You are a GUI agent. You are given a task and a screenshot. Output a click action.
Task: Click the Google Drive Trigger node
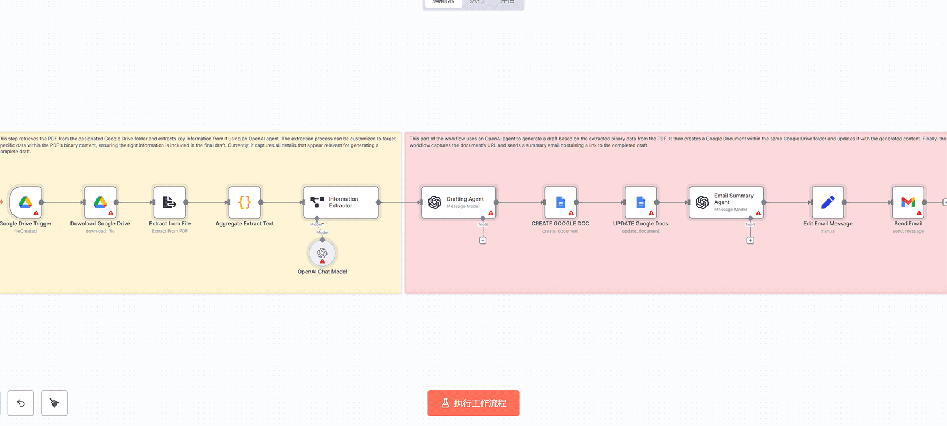click(x=25, y=202)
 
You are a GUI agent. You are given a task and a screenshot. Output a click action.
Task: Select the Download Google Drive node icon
click(x=100, y=202)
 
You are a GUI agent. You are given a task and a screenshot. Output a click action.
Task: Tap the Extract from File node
click(x=170, y=202)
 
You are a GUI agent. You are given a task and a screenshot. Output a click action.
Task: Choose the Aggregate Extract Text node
click(x=245, y=202)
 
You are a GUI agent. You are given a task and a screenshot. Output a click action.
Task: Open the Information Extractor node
click(x=340, y=202)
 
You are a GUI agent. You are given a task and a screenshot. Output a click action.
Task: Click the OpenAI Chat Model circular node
click(x=322, y=253)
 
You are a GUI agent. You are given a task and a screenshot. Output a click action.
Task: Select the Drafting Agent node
click(x=459, y=202)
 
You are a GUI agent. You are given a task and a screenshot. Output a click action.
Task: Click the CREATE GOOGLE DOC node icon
click(x=560, y=202)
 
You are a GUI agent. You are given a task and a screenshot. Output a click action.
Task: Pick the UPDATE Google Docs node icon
click(x=641, y=202)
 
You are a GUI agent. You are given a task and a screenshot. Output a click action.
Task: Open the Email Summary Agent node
click(x=726, y=202)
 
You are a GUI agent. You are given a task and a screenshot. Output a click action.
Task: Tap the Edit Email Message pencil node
click(x=827, y=202)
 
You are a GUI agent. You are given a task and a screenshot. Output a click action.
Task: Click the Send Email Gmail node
click(x=908, y=202)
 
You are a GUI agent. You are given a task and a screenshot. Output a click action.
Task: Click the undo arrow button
click(x=21, y=403)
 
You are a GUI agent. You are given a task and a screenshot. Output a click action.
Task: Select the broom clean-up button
click(x=54, y=403)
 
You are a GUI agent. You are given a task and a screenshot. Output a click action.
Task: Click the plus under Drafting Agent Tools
click(x=483, y=241)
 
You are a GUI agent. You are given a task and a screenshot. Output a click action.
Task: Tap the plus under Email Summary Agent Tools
click(x=750, y=241)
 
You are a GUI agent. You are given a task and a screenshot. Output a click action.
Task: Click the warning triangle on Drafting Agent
click(x=491, y=213)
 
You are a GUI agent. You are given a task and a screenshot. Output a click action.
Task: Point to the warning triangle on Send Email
click(x=919, y=213)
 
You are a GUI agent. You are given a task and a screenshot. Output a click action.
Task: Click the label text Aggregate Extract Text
click(x=245, y=224)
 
